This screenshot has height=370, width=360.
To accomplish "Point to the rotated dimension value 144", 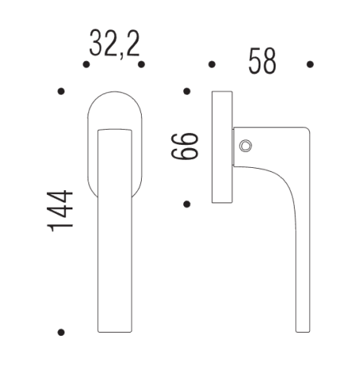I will [x=61, y=211].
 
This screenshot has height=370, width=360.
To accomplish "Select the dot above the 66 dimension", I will [x=186, y=93].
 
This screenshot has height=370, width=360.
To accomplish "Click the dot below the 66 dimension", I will [x=186, y=204].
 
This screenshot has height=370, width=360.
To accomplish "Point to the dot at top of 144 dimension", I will [x=61, y=93].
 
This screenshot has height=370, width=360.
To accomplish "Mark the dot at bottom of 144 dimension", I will [x=61, y=332].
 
